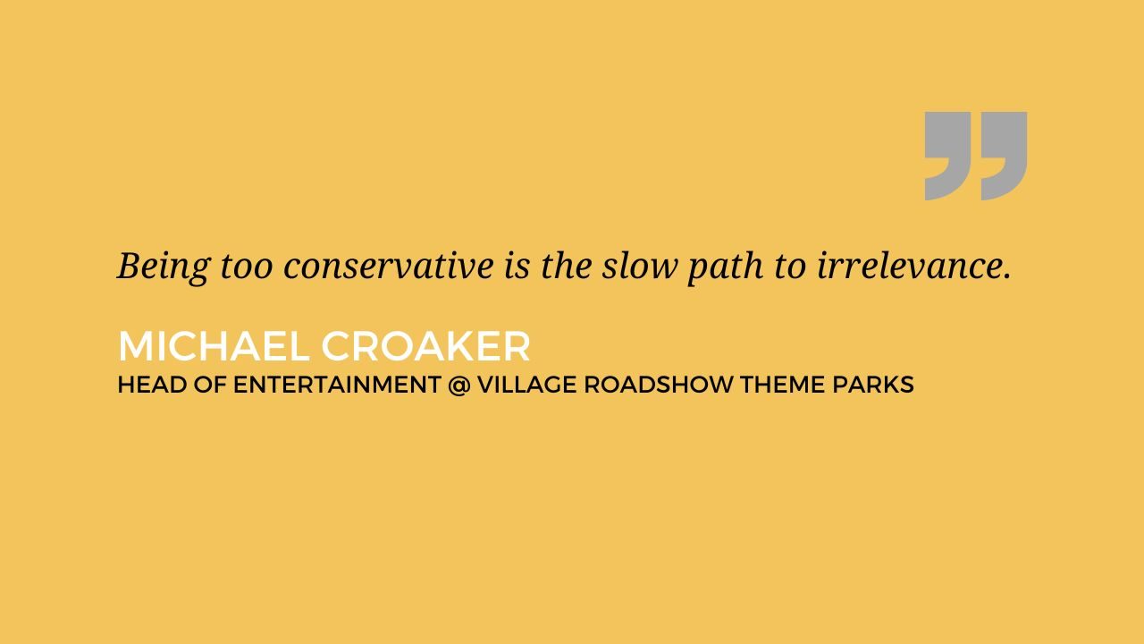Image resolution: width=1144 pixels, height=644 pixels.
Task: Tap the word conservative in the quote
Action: pos(388,267)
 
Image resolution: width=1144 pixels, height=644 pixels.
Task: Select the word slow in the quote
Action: pos(639,266)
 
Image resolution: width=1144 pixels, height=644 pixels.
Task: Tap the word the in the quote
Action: pos(567,266)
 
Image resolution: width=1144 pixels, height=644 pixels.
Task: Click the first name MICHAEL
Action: pos(214,346)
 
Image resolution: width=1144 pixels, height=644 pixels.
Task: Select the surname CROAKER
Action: pos(426,346)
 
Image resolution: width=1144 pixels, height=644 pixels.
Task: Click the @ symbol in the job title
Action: pos(459,385)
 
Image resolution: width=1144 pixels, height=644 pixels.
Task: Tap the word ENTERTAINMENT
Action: pos(337,385)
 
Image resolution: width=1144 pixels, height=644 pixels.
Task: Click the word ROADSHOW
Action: pos(659,385)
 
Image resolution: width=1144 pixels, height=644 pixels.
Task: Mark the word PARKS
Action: pos(873,385)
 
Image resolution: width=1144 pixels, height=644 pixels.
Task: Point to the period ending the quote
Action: pos(1007,276)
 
